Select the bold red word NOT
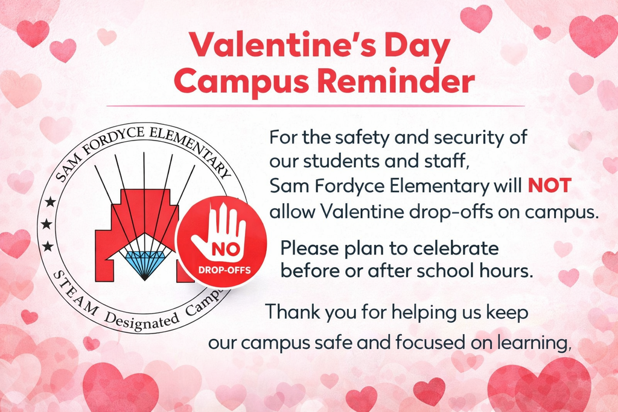(549, 186)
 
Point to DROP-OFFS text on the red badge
(224, 268)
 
